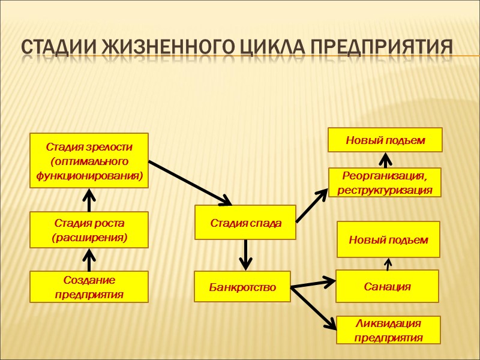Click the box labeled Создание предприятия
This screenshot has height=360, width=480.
(x=89, y=287)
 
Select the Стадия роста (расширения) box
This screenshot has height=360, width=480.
(x=89, y=230)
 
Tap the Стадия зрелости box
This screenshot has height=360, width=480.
(x=89, y=160)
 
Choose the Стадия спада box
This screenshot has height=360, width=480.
(x=245, y=223)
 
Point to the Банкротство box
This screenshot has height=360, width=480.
(x=242, y=286)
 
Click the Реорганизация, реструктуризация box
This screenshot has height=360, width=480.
(x=385, y=182)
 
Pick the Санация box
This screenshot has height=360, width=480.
(x=387, y=286)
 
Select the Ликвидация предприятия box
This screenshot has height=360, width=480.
(x=388, y=331)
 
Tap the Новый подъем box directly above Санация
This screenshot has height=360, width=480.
(x=388, y=239)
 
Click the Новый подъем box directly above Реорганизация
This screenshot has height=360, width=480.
(x=385, y=140)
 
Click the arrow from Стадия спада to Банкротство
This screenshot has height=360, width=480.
(x=245, y=255)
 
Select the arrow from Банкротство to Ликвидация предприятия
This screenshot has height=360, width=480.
(x=313, y=307)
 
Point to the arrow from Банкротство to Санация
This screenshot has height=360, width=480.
(x=313, y=283)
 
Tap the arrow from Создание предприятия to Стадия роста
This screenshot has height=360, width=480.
(x=89, y=260)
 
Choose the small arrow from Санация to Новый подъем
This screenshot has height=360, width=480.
(x=388, y=264)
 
